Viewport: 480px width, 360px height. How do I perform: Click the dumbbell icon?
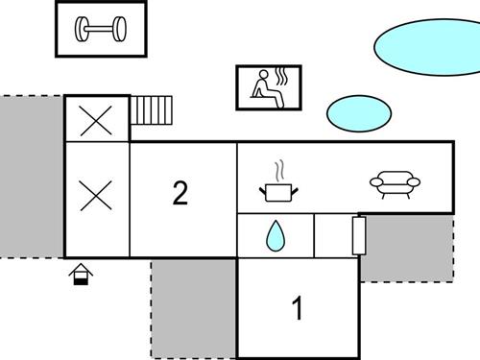click(101, 31)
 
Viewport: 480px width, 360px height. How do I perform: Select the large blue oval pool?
click(424, 46)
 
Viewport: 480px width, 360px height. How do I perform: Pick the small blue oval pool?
click(358, 111)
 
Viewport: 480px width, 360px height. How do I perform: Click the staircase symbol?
click(152, 110)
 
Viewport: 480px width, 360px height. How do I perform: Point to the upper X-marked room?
click(96, 120)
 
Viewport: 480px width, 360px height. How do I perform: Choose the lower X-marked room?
click(96, 196)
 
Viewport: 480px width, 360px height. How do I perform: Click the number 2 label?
click(180, 194)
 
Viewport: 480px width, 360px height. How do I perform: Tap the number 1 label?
click(298, 308)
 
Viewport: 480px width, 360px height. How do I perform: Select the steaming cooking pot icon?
click(276, 192)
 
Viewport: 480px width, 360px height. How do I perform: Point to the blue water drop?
click(275, 235)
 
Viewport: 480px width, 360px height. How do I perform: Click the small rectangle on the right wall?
click(359, 234)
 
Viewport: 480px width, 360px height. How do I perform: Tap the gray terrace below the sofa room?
click(408, 248)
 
